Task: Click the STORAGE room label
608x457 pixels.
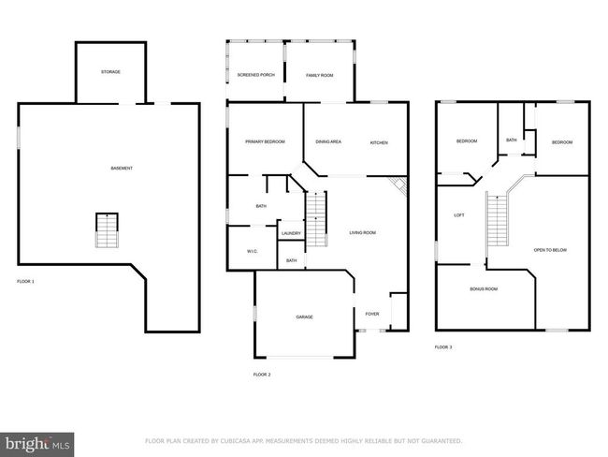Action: [x=111, y=72]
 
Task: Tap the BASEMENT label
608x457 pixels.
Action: [x=122, y=169]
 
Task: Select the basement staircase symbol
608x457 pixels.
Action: [x=107, y=230]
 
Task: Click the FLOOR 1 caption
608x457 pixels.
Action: [x=25, y=281]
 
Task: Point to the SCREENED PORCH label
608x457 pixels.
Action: [x=256, y=75]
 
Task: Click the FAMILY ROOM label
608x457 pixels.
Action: [x=320, y=75]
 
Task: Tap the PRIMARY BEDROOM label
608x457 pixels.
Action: [x=266, y=141]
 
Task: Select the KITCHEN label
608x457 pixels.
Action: [x=379, y=143]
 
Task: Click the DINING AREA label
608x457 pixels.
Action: [x=328, y=141]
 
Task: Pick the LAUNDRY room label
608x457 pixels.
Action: [x=291, y=233]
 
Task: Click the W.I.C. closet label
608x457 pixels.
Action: [x=253, y=251]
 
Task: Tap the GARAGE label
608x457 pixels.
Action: [x=304, y=317]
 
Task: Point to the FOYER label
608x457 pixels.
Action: [x=372, y=314]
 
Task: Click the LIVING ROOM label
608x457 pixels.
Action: [x=363, y=232]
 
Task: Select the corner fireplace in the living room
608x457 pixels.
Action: [x=399, y=184]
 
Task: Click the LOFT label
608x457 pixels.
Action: [x=459, y=215]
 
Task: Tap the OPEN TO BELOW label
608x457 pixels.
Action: [x=550, y=250]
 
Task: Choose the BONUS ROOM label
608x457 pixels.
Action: [x=484, y=288]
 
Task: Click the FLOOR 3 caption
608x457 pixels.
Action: [x=443, y=347]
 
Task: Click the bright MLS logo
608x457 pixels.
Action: [x=36, y=444]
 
